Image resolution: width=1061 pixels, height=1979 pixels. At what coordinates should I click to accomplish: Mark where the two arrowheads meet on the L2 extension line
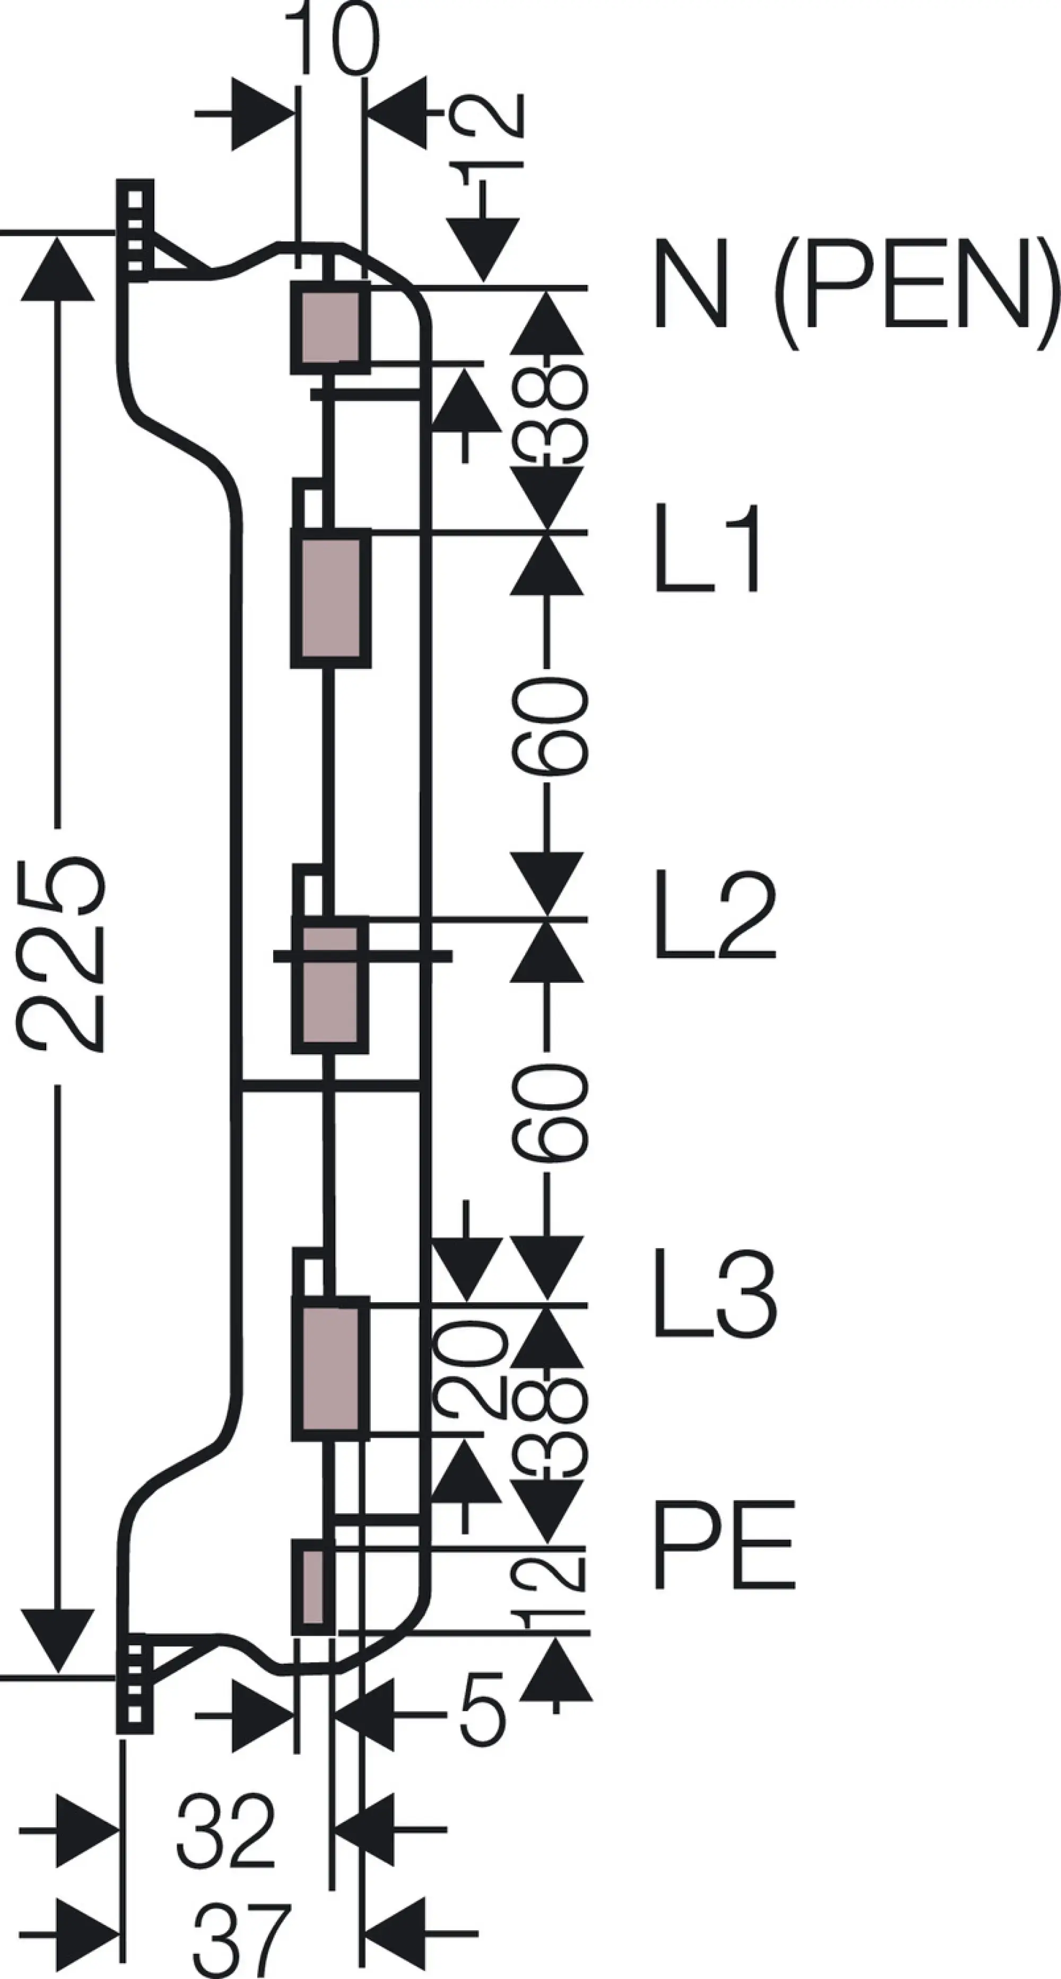pyautogui.click(x=546, y=918)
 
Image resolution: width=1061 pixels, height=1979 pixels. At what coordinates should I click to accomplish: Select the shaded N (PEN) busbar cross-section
pyautogui.click(x=331, y=328)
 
